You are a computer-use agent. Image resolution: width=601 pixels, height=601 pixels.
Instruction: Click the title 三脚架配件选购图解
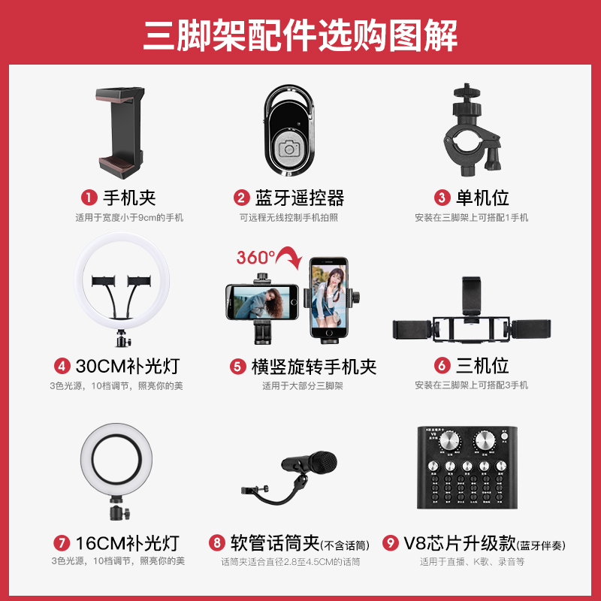click(x=300, y=34)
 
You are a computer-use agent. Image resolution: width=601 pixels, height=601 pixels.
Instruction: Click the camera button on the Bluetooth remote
click(x=289, y=147)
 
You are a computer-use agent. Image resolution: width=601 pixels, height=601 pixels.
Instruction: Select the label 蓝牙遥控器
click(x=300, y=198)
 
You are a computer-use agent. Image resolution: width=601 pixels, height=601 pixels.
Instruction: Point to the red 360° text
click(x=255, y=257)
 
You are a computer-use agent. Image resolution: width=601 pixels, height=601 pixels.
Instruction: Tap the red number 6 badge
click(x=442, y=367)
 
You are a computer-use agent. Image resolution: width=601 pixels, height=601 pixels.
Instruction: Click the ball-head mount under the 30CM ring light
click(x=119, y=340)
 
